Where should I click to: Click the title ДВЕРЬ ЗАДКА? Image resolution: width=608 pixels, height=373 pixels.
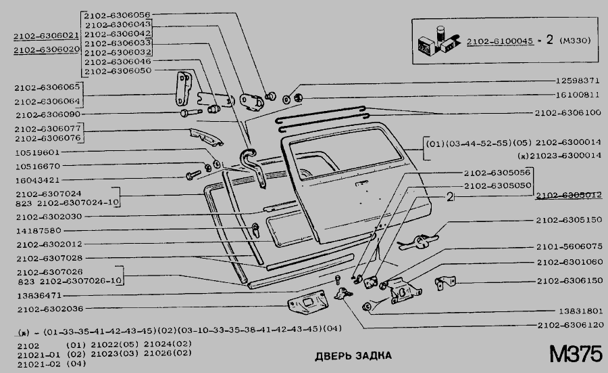click(353, 356)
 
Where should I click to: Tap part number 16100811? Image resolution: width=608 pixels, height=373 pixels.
click(571, 95)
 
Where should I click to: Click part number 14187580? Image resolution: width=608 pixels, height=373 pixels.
click(38, 230)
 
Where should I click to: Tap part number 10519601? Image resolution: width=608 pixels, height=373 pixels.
click(38, 152)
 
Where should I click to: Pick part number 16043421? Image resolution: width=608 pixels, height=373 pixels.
click(38, 180)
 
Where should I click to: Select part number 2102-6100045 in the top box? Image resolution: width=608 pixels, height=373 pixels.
click(499, 41)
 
